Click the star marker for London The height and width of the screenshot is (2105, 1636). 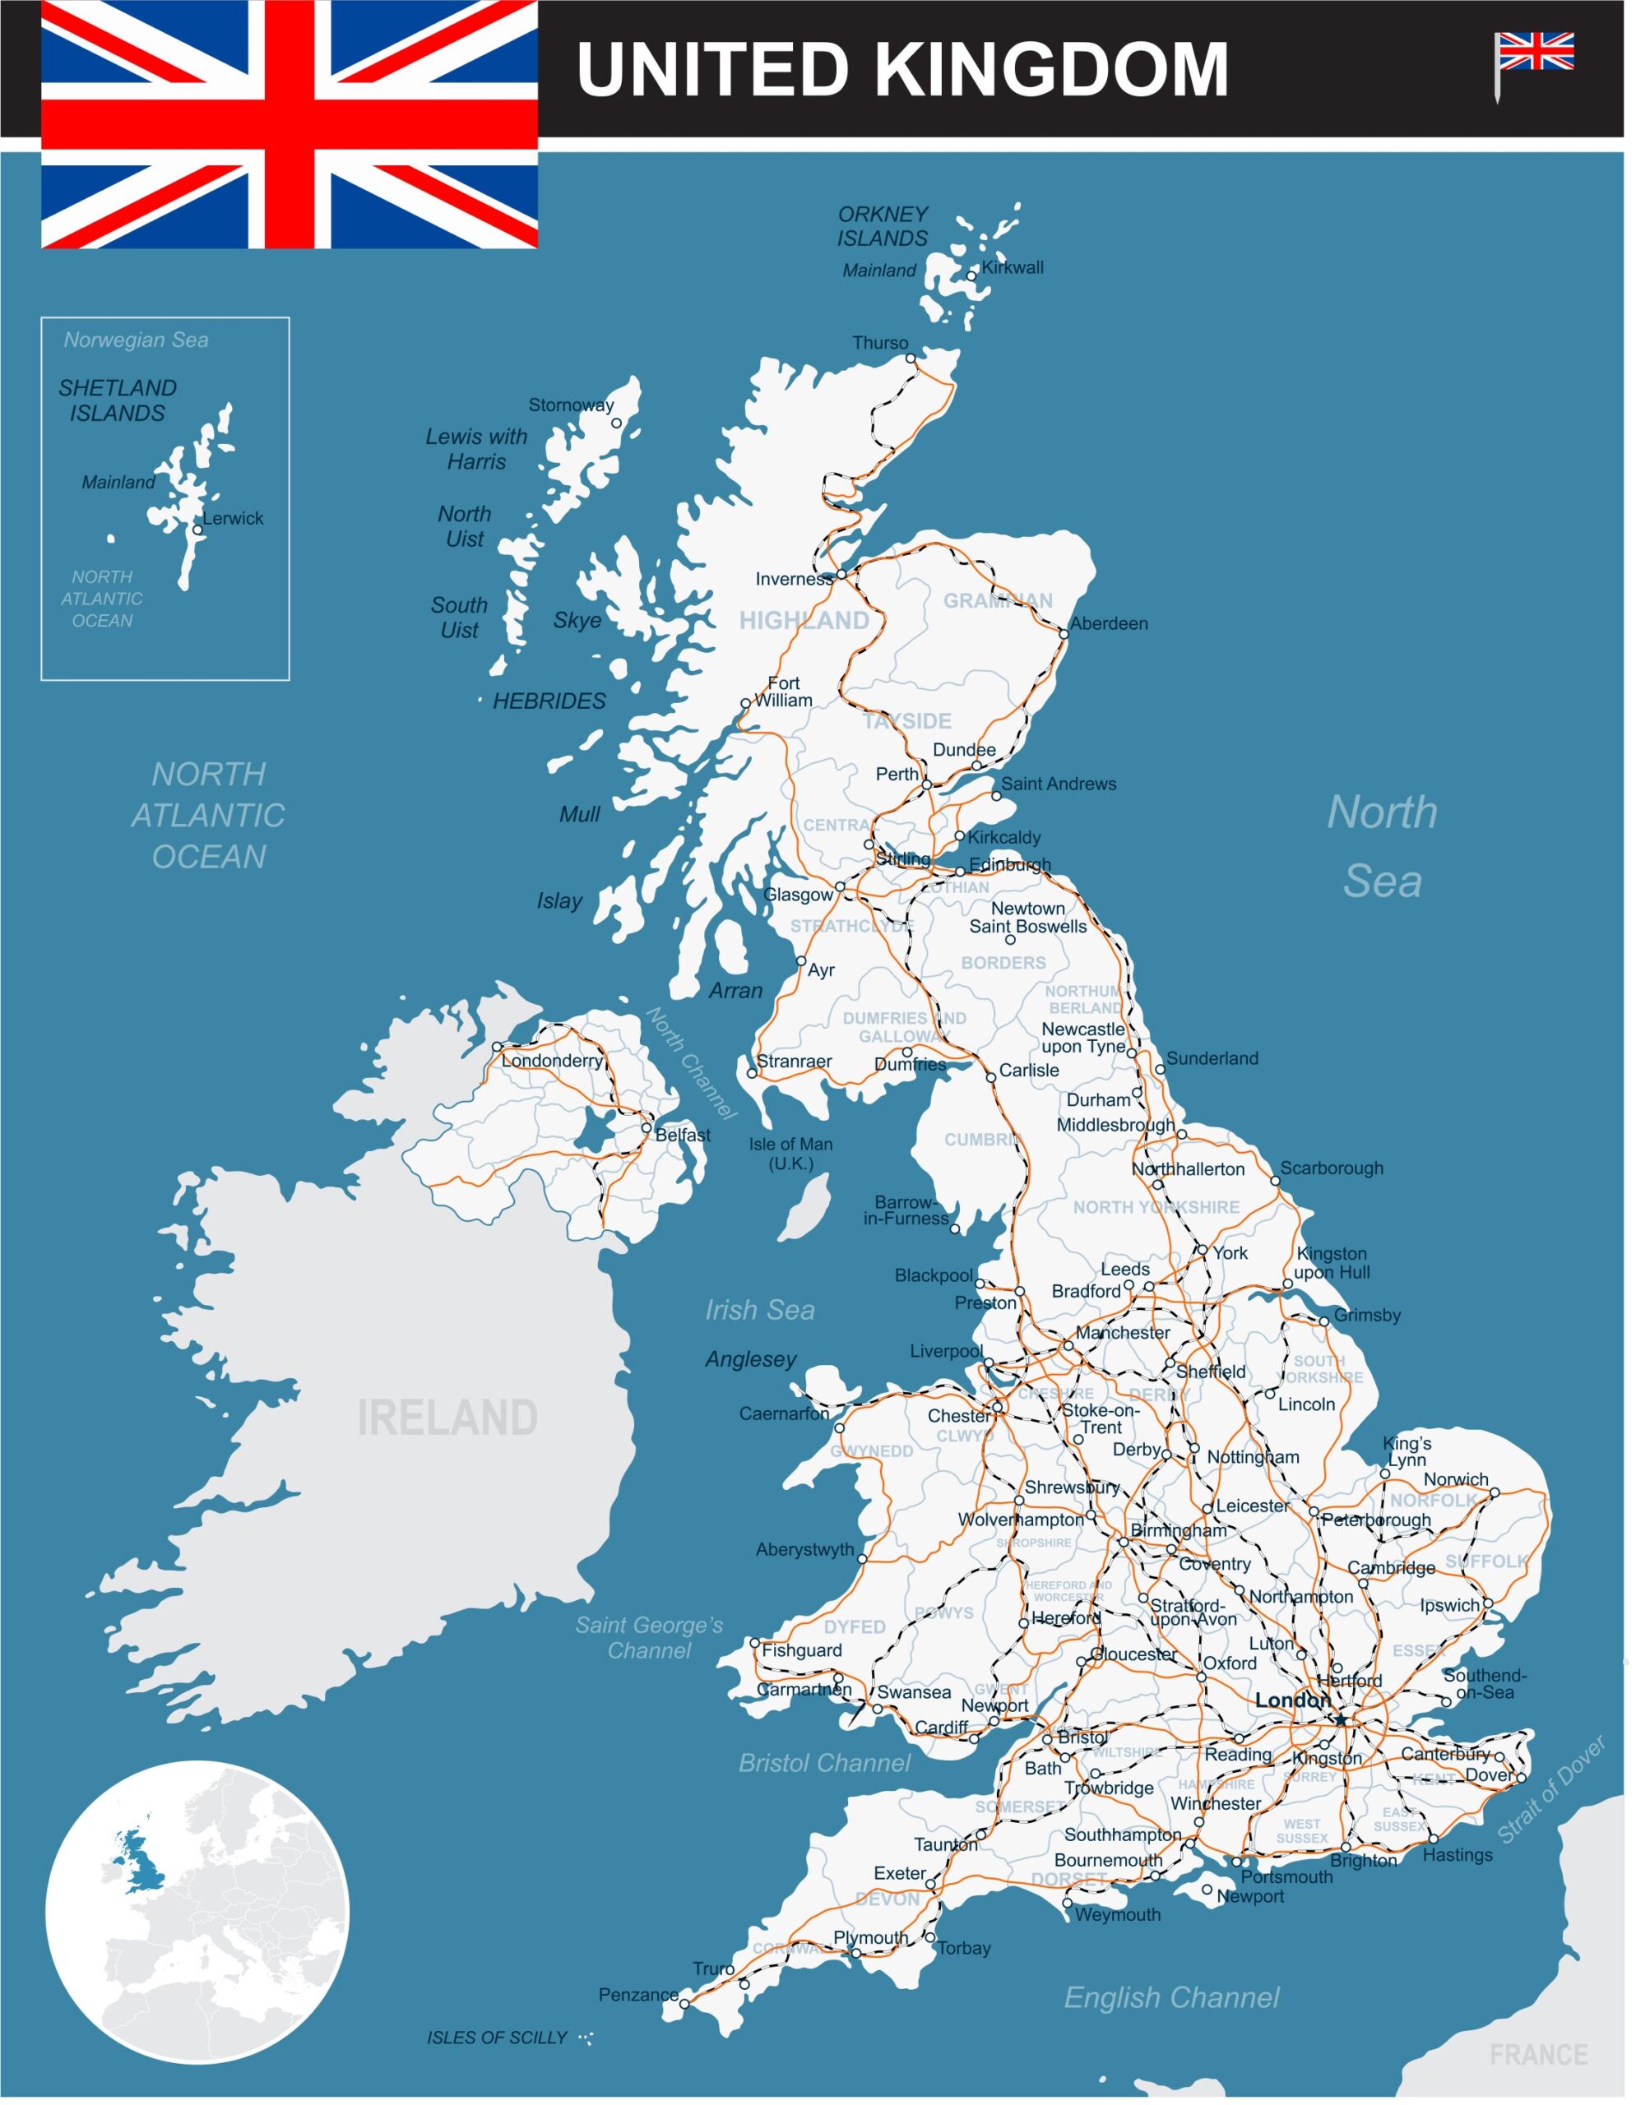coord(1340,1719)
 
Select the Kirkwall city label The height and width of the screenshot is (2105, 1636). coord(1013,268)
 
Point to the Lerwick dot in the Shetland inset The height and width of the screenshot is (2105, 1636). coord(197,530)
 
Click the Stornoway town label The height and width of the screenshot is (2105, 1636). coord(571,405)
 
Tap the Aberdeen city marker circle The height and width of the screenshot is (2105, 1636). coord(1064,633)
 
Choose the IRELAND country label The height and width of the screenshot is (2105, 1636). coord(447,1418)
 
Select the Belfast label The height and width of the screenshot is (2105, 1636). coord(683,1136)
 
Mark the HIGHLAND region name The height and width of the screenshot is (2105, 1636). coord(804,621)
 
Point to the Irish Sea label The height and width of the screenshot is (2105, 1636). coord(760,1310)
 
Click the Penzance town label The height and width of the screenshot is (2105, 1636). coord(638,1994)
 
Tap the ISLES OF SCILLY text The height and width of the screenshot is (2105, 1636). coord(497,2038)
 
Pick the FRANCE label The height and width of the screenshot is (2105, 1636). coord(1537,2055)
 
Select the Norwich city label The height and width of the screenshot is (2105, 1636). coord(1456,1479)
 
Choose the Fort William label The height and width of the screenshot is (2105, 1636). coord(783,692)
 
